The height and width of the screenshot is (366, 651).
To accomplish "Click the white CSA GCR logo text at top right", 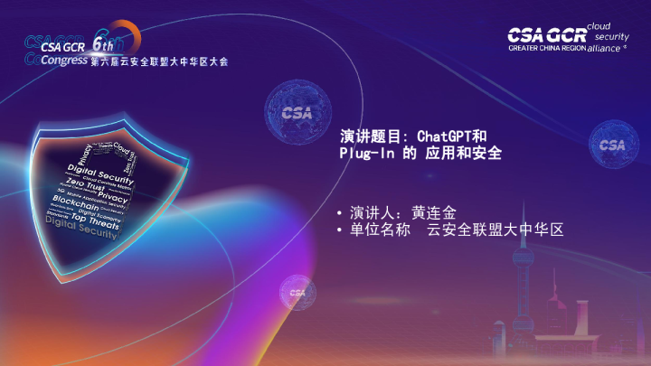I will pyautogui.click(x=545, y=34).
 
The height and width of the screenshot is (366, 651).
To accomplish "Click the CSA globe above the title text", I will pyautogui.click(x=297, y=114).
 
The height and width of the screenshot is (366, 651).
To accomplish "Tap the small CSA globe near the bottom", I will pyautogui.click(x=297, y=292).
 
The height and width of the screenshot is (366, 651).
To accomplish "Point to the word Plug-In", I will pyautogui.click(x=360, y=154).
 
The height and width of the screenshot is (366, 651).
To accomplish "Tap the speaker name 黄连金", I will pyautogui.click(x=434, y=213).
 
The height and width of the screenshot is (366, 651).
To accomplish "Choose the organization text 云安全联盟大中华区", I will pyautogui.click(x=495, y=230).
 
